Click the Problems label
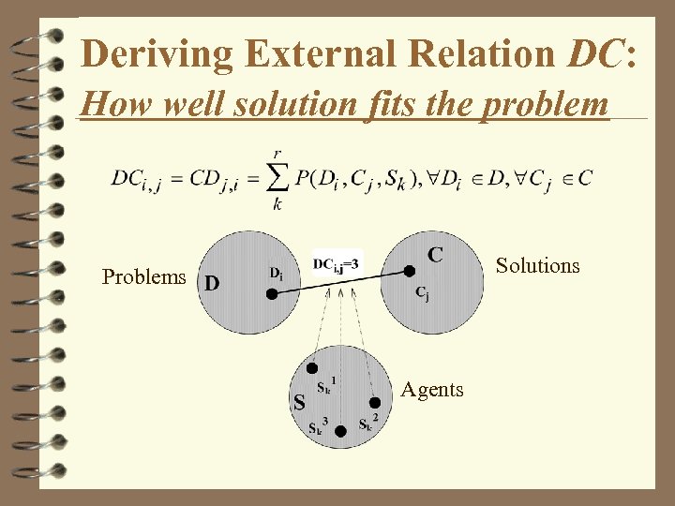pyautogui.click(x=144, y=276)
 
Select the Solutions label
pyautogui.click(x=537, y=266)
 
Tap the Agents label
pyautogui.click(x=431, y=390)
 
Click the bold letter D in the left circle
pyautogui.click(x=213, y=283)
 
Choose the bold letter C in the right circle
pyautogui.click(x=436, y=254)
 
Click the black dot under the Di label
pyautogui.click(x=271, y=293)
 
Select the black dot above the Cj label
pyautogui.click(x=410, y=272)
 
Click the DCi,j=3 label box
pyautogui.click(x=335, y=265)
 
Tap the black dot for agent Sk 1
pyautogui.click(x=312, y=369)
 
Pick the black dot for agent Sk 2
pyautogui.click(x=374, y=403)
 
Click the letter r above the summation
pyautogui.click(x=277, y=154)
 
